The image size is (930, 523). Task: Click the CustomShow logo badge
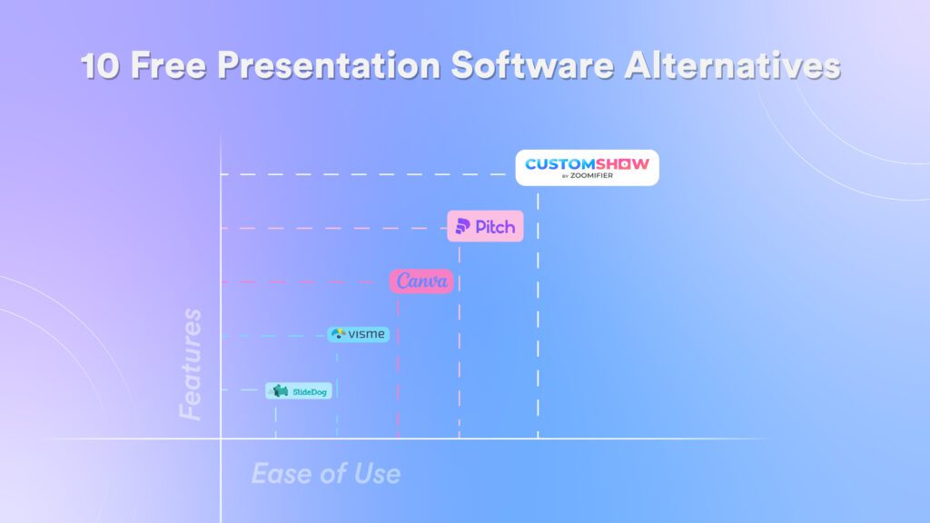588,168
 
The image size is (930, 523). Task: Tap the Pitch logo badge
485,226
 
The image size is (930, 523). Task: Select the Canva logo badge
421,281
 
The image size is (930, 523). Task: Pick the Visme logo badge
358,334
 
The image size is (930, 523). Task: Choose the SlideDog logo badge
298,391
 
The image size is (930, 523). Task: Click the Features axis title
191,364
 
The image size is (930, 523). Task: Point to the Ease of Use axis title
326,474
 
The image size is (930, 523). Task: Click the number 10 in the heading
100,65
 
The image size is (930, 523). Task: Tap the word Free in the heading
168,64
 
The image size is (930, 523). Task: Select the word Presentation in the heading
329,64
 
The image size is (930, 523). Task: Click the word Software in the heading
532,64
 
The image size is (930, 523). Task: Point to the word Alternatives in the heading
733,64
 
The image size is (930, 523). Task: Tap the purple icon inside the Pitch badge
462,226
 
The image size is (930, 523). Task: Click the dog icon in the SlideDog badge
280,390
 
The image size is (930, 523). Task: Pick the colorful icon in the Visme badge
338,334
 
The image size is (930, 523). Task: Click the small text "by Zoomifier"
588,175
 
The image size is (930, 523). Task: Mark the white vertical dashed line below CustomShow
538,315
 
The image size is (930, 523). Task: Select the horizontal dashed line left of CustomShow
363,174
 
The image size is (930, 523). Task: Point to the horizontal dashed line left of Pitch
334,228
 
